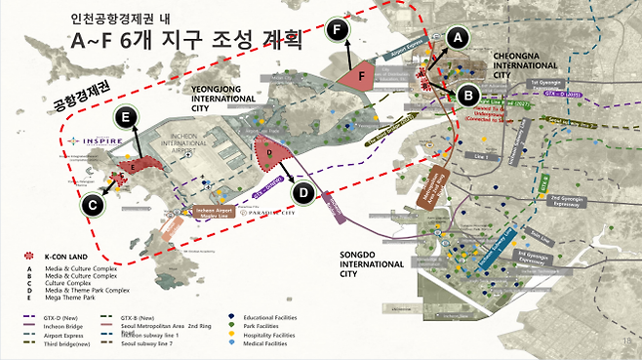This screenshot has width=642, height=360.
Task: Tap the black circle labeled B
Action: click(467, 95)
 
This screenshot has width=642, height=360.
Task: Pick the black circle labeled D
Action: click(303, 193)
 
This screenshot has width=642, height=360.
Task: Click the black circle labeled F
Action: click(339, 30)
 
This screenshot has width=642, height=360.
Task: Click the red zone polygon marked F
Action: click(362, 77)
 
